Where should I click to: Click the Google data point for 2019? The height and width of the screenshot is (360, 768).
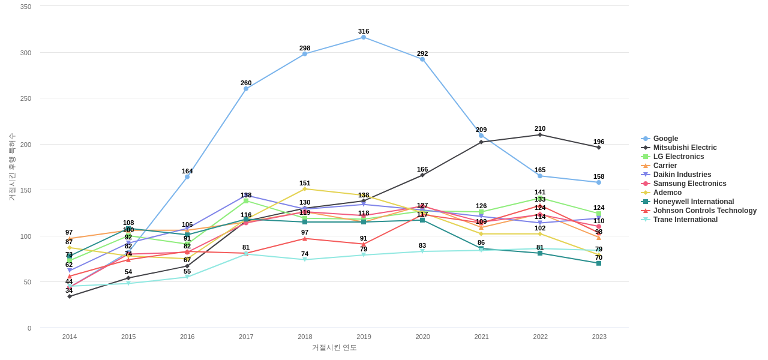[x=364, y=37]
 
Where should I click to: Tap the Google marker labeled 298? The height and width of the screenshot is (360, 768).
[x=305, y=54]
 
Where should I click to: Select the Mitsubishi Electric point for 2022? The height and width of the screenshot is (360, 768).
[x=540, y=135]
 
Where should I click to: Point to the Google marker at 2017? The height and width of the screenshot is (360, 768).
[x=246, y=89]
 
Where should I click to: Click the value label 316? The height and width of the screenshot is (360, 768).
[x=364, y=31]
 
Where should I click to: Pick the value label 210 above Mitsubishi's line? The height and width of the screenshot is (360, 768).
[x=540, y=128]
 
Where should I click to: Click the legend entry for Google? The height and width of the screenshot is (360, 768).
[x=665, y=139]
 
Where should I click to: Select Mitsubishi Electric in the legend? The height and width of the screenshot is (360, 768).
[x=685, y=148]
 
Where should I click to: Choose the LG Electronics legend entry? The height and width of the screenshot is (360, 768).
[x=678, y=157]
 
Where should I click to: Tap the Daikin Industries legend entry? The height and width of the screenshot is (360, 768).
[x=682, y=175]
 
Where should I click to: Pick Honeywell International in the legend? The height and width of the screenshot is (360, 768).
[x=693, y=202]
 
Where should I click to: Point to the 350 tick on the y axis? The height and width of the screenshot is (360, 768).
[x=26, y=7]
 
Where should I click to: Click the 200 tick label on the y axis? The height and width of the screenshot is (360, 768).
[x=26, y=145]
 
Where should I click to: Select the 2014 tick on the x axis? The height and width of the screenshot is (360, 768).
[x=70, y=337]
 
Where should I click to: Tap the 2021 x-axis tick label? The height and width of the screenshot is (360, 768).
[x=481, y=337]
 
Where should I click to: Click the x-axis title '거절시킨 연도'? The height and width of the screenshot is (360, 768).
[x=334, y=347]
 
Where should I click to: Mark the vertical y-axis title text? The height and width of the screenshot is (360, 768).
[x=12, y=167]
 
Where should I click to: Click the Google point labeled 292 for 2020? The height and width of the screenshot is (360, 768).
[x=422, y=59]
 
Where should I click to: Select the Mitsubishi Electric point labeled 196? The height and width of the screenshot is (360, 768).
[x=599, y=148]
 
